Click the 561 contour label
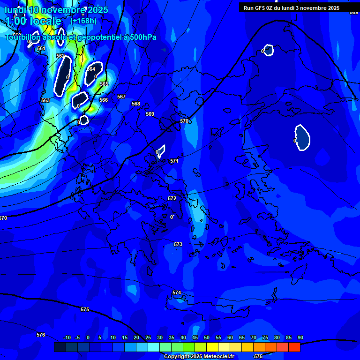pos(41,48)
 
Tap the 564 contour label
pos(91,69)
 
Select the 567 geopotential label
pos(121,97)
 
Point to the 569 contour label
pos(150,114)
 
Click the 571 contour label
pos(174,161)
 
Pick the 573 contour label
pos(178,244)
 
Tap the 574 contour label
pos(177,292)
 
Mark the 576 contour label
pos(41,335)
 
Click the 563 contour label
pos(45,100)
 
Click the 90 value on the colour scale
pos(300,337)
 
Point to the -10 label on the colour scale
pos(67,337)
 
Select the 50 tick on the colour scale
pos(207,337)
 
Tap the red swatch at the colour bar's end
pos(294,347)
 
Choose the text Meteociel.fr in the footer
pos(218,357)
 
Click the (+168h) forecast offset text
pos(83,21)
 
